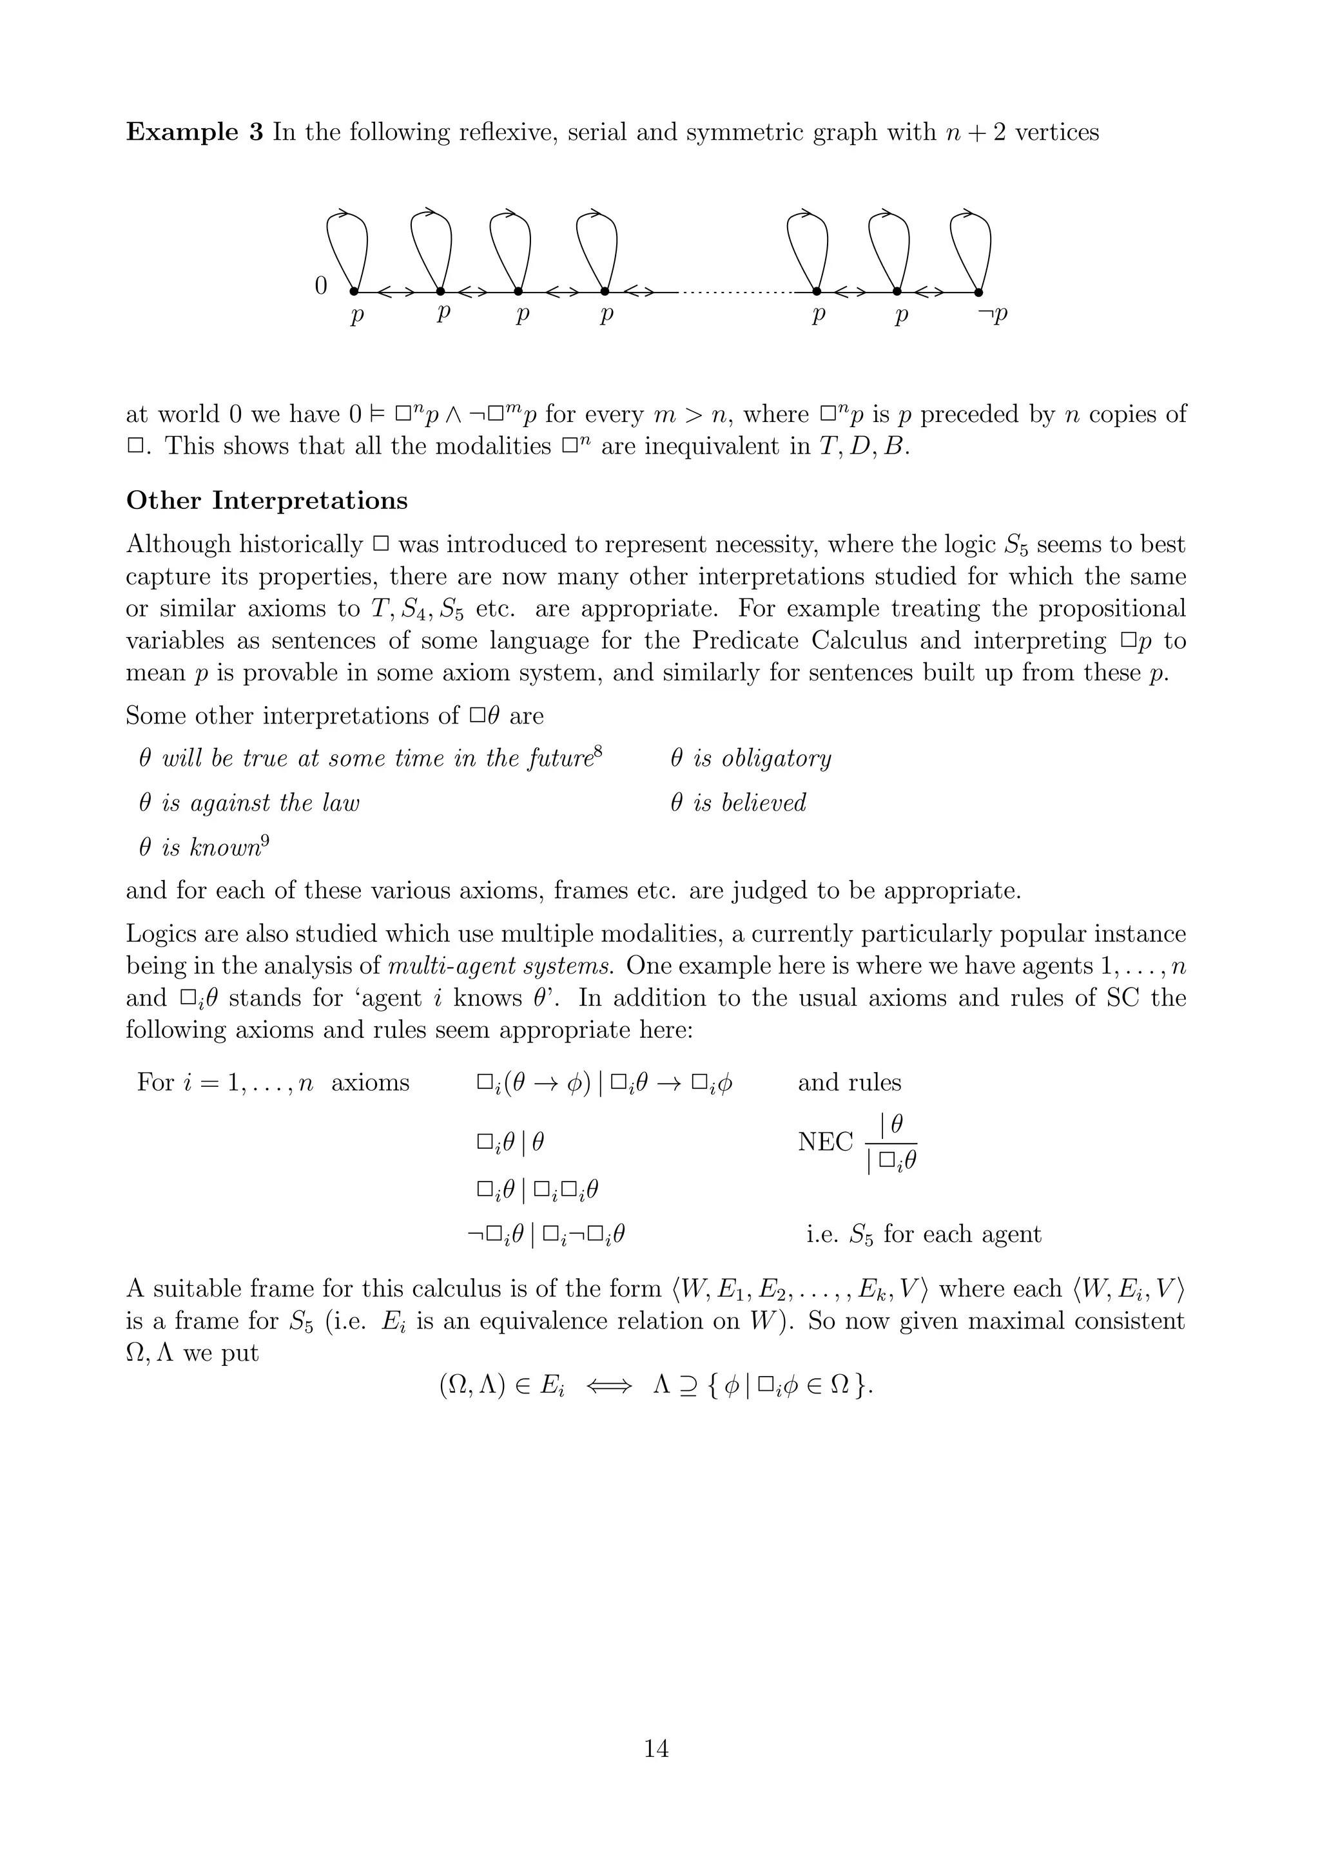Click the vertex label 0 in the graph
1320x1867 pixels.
(320, 285)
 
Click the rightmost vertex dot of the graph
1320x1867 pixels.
(978, 292)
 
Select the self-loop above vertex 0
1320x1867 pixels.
(347, 244)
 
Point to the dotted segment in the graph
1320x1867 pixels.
(736, 292)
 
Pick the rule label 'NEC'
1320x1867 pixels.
(825, 1142)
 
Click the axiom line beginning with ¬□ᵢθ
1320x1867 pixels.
(546, 1234)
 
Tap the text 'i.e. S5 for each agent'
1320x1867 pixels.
(923, 1234)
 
